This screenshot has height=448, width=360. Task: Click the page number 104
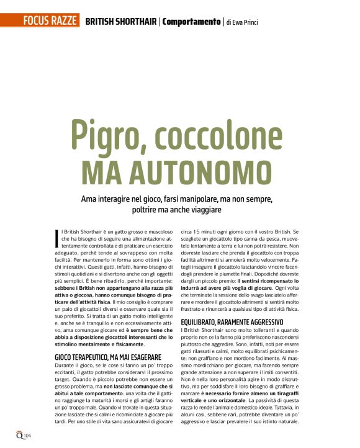27,436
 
